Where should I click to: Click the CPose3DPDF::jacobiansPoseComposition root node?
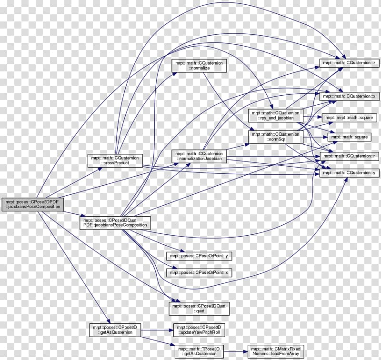click(x=32, y=205)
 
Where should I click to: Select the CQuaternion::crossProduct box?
click(x=115, y=160)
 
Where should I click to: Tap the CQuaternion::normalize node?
click(x=199, y=66)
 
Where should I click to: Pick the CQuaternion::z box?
click(x=349, y=63)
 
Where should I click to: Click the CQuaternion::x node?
click(x=349, y=97)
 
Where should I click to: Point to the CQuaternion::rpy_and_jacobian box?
click(x=276, y=115)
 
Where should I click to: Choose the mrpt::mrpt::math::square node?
click(x=349, y=118)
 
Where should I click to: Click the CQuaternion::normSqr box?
click(x=276, y=137)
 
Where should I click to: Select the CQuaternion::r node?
click(x=349, y=156)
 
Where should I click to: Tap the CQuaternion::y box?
click(x=349, y=173)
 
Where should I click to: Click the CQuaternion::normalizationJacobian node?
click(x=199, y=156)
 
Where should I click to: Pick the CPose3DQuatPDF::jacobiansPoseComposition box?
click(x=115, y=222)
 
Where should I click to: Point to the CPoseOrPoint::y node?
click(x=199, y=256)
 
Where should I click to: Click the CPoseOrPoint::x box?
click(x=199, y=272)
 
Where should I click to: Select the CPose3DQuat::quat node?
click(x=199, y=309)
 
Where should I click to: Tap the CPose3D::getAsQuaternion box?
click(x=115, y=330)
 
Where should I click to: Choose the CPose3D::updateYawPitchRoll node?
click(x=199, y=330)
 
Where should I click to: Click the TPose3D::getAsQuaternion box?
click(x=199, y=351)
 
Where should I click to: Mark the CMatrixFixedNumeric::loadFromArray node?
click(x=276, y=351)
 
